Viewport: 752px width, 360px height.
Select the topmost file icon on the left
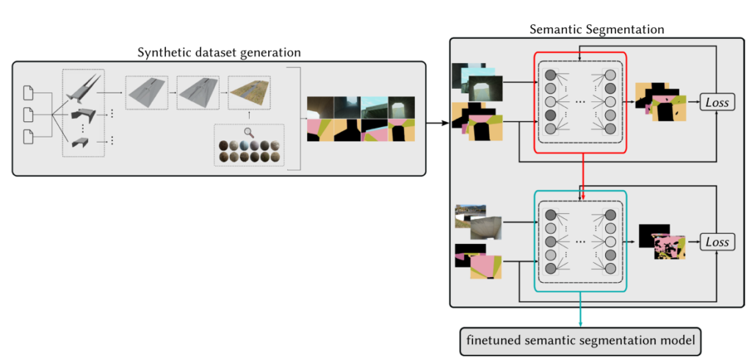(x=29, y=93)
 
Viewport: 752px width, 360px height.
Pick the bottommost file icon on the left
(x=29, y=137)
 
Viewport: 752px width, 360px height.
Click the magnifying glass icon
(x=249, y=132)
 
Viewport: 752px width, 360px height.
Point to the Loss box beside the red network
(x=717, y=102)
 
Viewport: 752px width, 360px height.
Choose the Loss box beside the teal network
(x=717, y=242)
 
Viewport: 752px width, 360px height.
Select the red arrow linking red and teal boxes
(x=582, y=172)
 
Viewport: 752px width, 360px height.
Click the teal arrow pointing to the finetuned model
(x=582, y=312)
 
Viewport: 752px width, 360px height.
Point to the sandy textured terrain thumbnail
(x=249, y=93)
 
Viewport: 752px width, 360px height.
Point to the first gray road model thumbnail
(x=147, y=93)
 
